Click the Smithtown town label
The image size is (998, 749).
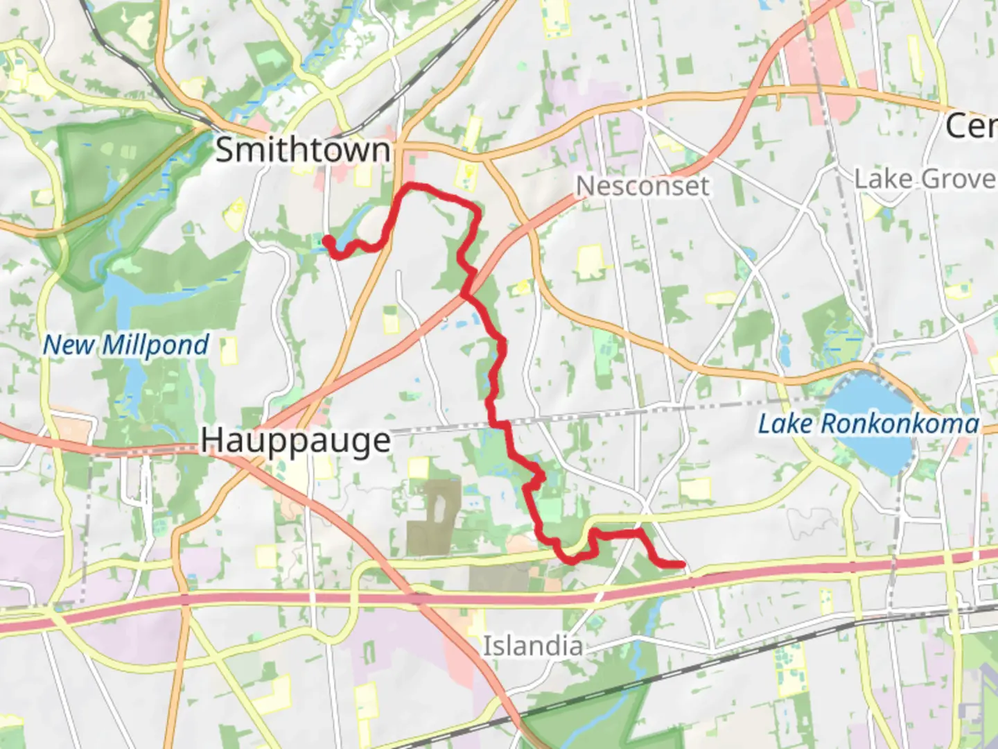(303, 150)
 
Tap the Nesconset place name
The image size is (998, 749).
(642, 186)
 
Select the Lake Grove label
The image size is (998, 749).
(924, 179)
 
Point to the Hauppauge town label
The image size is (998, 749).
(296, 441)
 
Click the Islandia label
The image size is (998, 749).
(532, 646)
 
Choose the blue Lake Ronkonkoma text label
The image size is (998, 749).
(868, 424)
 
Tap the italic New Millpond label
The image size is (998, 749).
(126, 345)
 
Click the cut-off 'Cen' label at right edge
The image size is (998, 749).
(972, 126)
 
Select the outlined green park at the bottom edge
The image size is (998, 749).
(575, 721)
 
